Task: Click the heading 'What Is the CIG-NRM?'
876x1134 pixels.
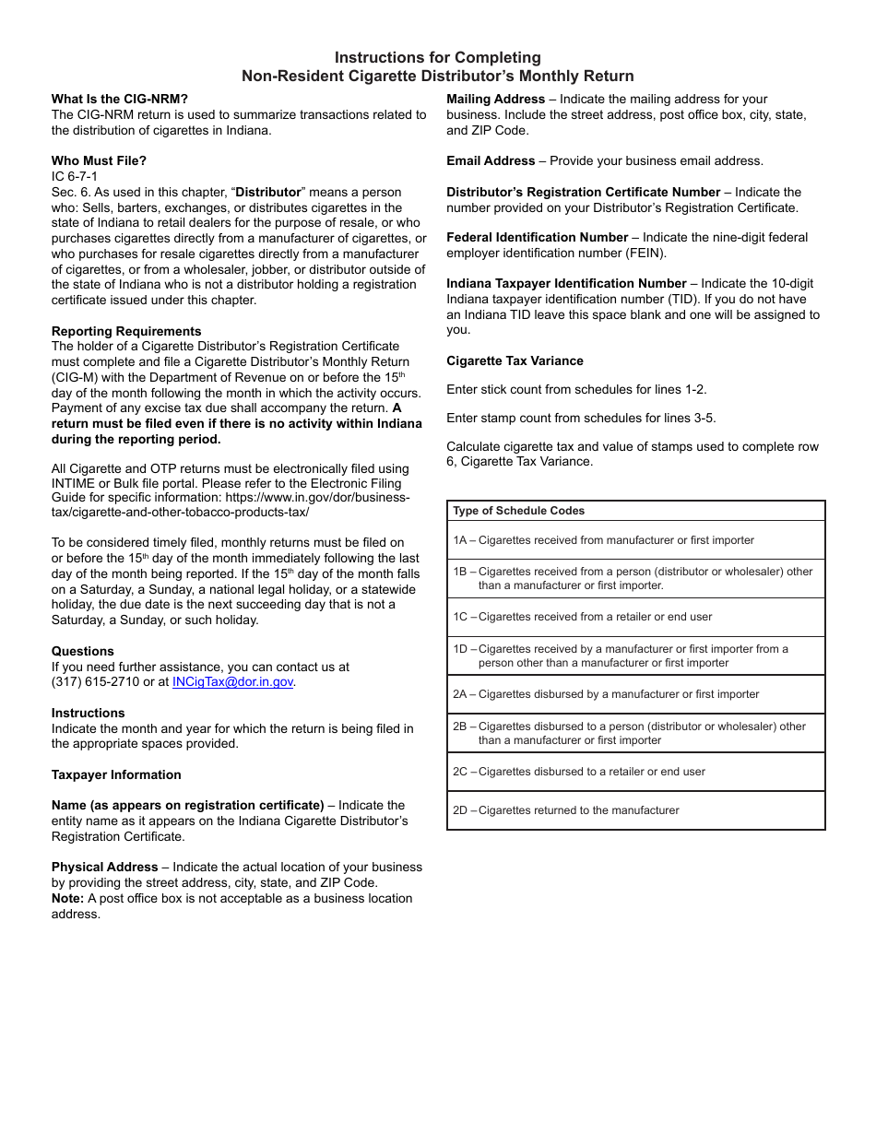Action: tap(120, 100)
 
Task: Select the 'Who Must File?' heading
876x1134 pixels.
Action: tap(99, 161)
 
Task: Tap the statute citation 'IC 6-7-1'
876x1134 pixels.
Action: tap(75, 176)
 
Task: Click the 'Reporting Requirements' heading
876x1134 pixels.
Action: tap(126, 331)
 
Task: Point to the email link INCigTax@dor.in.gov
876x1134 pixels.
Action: tap(233, 682)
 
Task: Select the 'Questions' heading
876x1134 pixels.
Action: tap(83, 651)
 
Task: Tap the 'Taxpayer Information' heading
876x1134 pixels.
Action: tap(116, 774)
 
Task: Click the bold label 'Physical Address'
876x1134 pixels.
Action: tap(105, 867)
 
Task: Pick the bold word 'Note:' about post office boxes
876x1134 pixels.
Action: tap(67, 898)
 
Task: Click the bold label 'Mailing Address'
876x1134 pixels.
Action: tap(496, 100)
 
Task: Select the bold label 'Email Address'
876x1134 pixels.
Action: tap(491, 161)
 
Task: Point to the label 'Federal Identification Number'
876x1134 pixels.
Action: tap(538, 238)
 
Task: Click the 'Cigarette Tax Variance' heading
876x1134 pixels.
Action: tap(515, 360)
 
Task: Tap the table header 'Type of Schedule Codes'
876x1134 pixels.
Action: tap(518, 511)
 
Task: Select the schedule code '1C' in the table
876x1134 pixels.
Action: tap(460, 617)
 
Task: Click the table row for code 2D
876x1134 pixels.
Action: tap(635, 810)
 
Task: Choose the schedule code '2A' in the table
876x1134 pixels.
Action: tap(460, 694)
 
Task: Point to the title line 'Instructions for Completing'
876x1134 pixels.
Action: tap(437, 58)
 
